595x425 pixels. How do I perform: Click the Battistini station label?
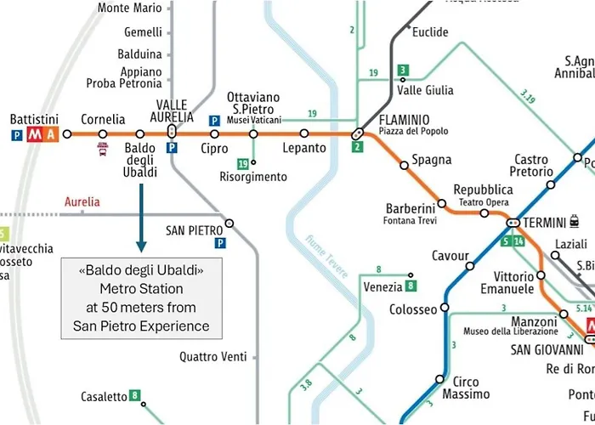34,119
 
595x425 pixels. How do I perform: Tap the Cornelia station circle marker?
103,134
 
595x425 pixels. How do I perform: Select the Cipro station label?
214,148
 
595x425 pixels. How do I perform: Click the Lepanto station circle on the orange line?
304,133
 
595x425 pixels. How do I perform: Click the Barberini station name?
411,208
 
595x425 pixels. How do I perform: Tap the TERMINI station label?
544,223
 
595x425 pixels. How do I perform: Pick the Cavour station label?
450,256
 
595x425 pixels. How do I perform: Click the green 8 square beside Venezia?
411,286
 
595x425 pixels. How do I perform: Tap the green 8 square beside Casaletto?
134,395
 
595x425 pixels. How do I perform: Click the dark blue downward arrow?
141,218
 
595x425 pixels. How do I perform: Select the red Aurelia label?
82,202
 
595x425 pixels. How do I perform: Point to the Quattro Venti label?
212,357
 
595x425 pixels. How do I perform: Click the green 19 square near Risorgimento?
243,163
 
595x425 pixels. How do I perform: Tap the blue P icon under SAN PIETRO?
222,243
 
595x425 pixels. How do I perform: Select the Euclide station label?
430,32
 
